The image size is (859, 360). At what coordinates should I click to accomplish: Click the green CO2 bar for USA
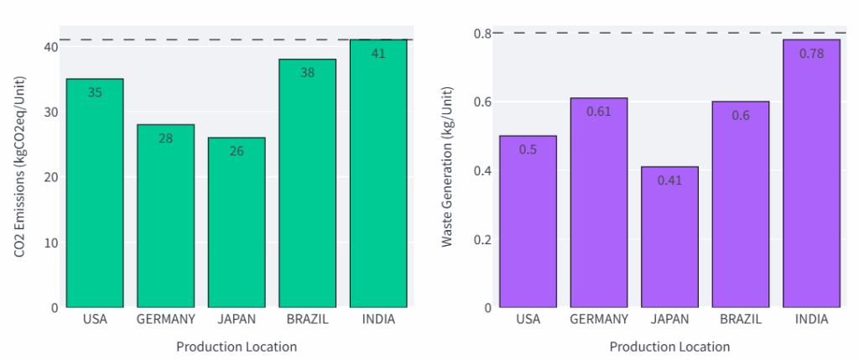(95, 193)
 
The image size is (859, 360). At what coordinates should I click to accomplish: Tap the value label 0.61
(599, 112)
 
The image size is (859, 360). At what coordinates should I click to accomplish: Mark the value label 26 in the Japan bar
(237, 151)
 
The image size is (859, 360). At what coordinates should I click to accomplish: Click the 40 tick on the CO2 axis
(51, 46)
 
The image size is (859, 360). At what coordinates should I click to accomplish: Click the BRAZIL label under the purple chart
(741, 320)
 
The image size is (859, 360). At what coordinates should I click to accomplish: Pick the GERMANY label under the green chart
(165, 320)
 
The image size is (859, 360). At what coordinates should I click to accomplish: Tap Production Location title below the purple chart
(669, 347)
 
